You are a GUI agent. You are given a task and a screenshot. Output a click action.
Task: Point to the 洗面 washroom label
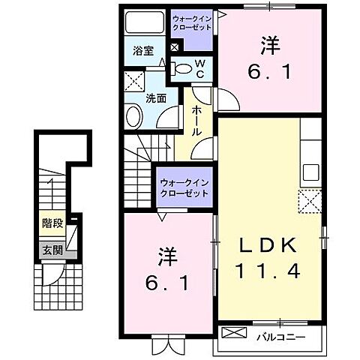point(155,97)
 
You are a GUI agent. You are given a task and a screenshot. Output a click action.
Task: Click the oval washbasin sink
point(133,117)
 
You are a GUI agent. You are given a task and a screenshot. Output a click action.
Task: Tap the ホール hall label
point(196,119)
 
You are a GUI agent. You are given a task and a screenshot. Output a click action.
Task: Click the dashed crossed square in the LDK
point(309,201)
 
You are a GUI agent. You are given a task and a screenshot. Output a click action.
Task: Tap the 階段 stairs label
point(50,223)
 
